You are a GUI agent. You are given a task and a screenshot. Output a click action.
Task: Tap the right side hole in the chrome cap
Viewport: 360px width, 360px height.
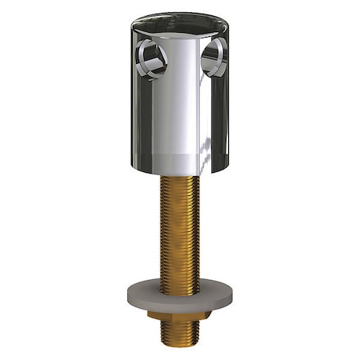coord(214,58)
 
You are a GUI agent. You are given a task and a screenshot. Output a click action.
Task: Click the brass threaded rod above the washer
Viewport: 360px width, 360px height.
coord(180,232)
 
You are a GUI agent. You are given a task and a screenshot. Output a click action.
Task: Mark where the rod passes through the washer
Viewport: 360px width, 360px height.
coord(180,283)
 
